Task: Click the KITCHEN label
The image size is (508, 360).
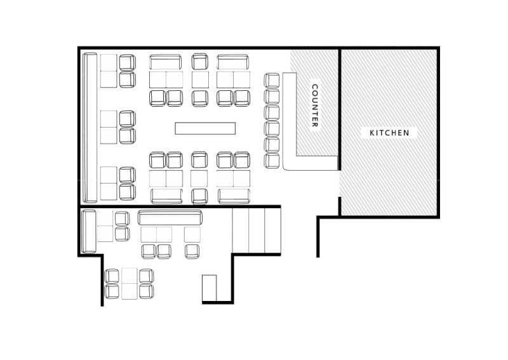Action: (x=389, y=133)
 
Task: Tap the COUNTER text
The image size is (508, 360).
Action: (x=314, y=105)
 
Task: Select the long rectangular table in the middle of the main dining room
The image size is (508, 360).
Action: (x=205, y=128)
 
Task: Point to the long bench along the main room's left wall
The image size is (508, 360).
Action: (x=90, y=128)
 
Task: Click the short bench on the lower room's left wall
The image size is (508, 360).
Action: (x=88, y=231)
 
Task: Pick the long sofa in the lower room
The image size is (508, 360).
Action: (x=170, y=217)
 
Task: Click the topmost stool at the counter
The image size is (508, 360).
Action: (x=272, y=81)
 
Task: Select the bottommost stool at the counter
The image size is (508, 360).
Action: (x=272, y=161)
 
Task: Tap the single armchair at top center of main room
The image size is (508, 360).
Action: (x=199, y=62)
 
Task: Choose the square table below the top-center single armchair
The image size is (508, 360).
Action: (x=200, y=80)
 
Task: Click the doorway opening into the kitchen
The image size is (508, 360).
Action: (x=340, y=183)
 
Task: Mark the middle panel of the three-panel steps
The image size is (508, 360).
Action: (x=257, y=230)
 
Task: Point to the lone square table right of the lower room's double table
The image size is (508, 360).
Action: (x=192, y=234)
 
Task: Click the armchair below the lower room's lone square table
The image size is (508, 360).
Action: (x=192, y=251)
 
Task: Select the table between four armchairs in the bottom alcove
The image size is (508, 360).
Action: (x=130, y=284)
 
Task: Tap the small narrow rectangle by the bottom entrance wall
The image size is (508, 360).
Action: (x=210, y=288)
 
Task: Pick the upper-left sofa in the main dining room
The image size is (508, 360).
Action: (x=166, y=62)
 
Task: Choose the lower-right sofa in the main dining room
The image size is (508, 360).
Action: (x=234, y=196)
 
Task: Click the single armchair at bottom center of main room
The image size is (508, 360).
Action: (x=199, y=196)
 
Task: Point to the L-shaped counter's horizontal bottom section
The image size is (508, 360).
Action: (x=311, y=163)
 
